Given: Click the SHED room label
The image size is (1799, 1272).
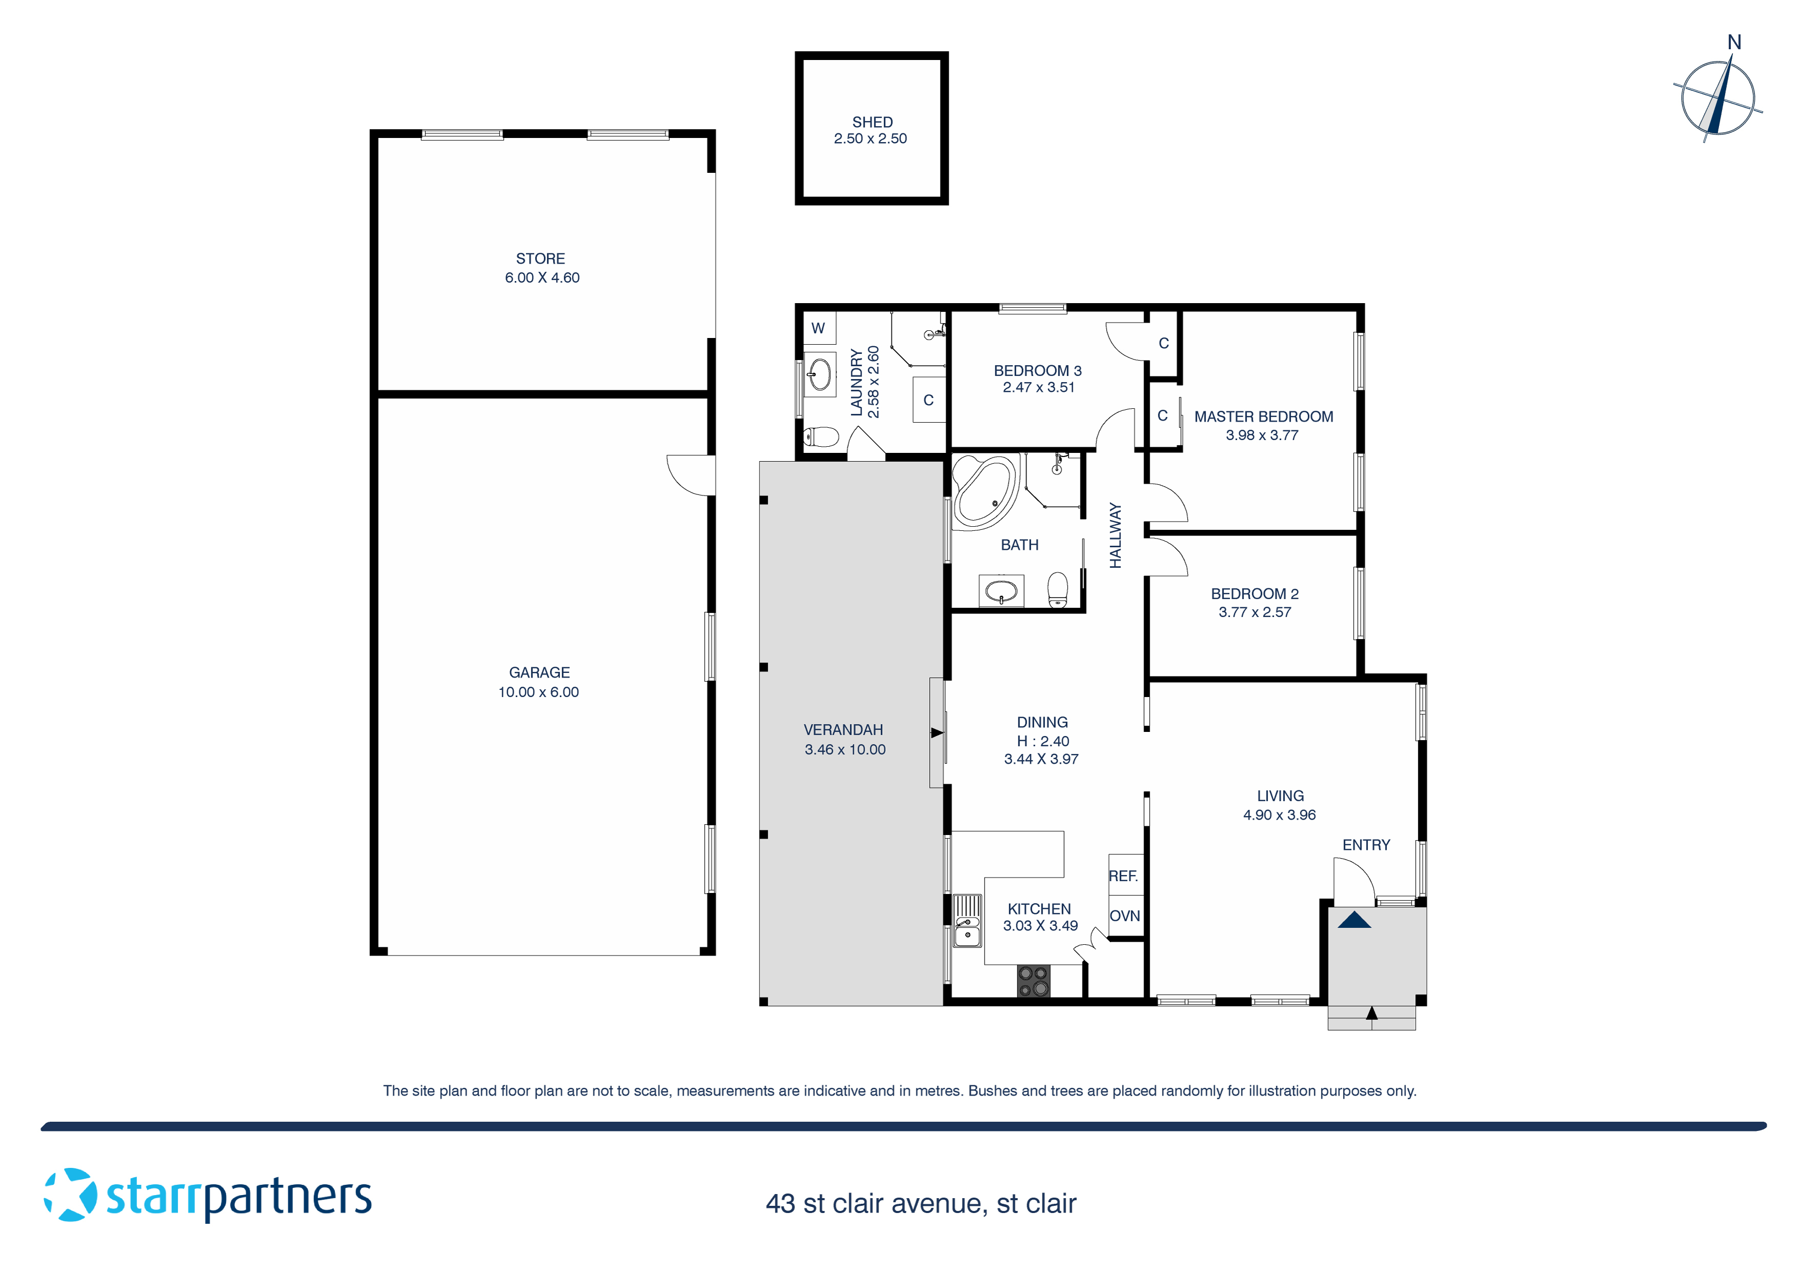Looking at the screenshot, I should pyautogui.click(x=872, y=122).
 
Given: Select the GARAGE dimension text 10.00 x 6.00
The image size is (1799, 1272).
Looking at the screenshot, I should pyautogui.click(x=538, y=692).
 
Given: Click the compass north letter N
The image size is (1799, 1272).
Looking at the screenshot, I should pyautogui.click(x=1734, y=43).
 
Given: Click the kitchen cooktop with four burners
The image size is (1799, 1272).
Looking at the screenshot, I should pyautogui.click(x=1033, y=981).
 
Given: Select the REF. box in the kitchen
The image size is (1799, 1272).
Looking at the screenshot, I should pyautogui.click(x=1124, y=876).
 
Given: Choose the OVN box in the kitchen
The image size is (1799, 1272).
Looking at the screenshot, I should pyautogui.click(x=1124, y=916).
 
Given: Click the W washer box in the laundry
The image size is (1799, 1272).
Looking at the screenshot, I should pyautogui.click(x=818, y=328).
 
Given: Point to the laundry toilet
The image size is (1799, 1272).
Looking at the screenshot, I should pyautogui.click(x=821, y=436).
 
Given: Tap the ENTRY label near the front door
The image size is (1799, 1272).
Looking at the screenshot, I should pyautogui.click(x=1366, y=845).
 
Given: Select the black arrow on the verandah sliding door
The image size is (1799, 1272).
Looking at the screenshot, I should pyautogui.click(x=936, y=733).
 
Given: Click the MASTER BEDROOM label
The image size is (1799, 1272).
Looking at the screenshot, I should pyautogui.click(x=1263, y=417).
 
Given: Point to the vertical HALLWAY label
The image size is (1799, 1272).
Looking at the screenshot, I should pyautogui.click(x=1116, y=535).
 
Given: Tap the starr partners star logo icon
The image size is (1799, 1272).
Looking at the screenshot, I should pyautogui.click(x=71, y=1195).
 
